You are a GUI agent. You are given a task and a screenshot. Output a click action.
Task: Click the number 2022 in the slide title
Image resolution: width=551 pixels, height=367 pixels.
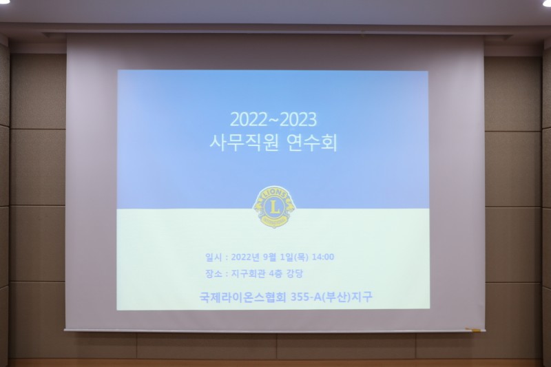click(x=249, y=119)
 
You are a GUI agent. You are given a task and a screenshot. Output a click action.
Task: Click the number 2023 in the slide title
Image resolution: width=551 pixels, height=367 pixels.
click(x=298, y=119)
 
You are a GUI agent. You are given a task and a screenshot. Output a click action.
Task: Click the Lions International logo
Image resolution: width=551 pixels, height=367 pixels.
click(x=274, y=207)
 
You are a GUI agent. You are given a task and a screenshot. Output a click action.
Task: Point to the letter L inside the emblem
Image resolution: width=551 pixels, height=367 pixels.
click(x=274, y=207)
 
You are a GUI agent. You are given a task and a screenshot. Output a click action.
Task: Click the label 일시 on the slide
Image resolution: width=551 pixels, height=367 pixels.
click(x=214, y=258)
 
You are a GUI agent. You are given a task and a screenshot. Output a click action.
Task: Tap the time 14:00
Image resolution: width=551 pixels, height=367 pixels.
click(x=322, y=257)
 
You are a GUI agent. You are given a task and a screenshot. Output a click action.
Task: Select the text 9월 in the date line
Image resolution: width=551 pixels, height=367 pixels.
click(x=270, y=257)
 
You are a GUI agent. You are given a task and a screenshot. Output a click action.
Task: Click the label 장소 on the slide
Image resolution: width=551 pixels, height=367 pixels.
click(x=214, y=274)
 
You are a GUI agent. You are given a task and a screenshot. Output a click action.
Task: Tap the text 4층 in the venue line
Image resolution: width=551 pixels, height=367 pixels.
click(x=275, y=274)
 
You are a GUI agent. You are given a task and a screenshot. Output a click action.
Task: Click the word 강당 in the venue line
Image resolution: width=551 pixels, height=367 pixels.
click(x=295, y=274)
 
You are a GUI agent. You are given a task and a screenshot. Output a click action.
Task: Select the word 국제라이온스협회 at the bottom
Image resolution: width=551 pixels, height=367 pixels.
click(x=243, y=297)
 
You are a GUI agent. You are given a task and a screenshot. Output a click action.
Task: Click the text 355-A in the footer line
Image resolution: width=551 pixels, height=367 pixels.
click(x=306, y=297)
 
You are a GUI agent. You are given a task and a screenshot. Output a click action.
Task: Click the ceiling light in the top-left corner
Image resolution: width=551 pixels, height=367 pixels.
click(x=4, y=2)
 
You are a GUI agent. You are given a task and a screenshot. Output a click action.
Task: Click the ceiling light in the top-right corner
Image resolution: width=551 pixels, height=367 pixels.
click(x=547, y=2)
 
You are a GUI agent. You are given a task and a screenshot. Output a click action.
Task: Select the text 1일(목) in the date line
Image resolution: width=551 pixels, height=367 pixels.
click(x=295, y=257)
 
